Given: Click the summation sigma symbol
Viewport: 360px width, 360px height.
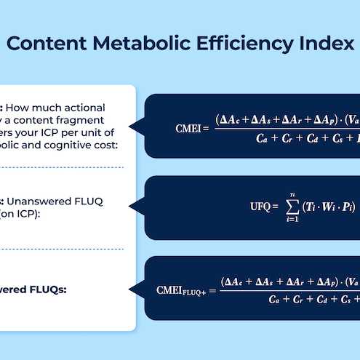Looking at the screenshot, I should (x=292, y=206).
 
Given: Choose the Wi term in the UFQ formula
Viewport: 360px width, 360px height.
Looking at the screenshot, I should (x=333, y=207).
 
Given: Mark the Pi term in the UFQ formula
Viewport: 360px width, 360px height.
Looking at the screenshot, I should (x=352, y=207).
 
